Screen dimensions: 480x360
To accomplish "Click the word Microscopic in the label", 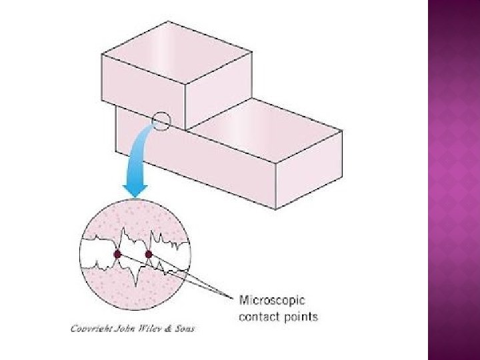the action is coord(271,301).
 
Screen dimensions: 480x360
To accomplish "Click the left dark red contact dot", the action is coord(117,254).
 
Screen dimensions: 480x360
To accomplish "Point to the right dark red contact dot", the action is coord(149,254).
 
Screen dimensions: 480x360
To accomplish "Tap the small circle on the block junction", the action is coord(161,121).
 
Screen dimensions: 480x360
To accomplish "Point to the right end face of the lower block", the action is coord(309,171).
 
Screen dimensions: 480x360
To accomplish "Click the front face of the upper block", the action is coord(142,93).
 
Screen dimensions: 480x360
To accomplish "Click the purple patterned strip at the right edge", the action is coord(453,180).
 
